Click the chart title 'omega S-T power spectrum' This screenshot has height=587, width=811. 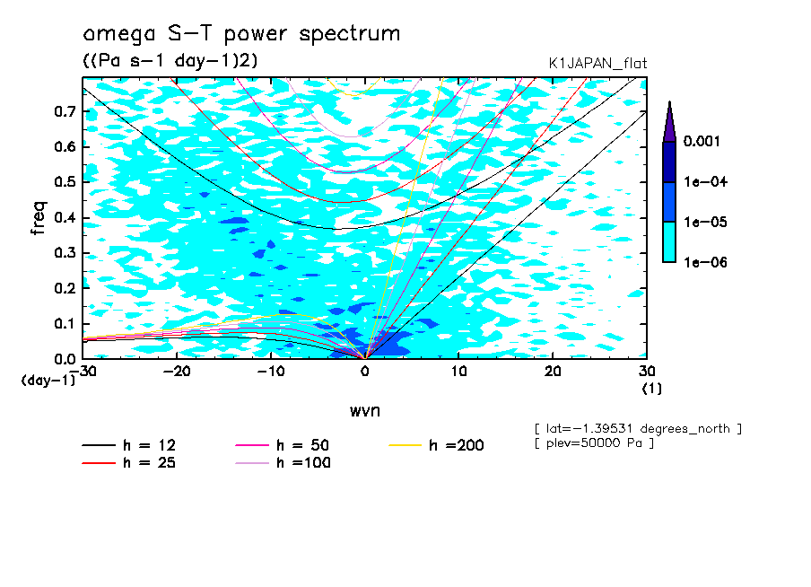click(240, 34)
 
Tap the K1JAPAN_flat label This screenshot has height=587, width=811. click(597, 63)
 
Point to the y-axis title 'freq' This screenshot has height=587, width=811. click(39, 217)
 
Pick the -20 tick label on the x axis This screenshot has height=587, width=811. click(178, 372)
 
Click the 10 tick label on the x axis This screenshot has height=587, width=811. click(458, 372)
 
